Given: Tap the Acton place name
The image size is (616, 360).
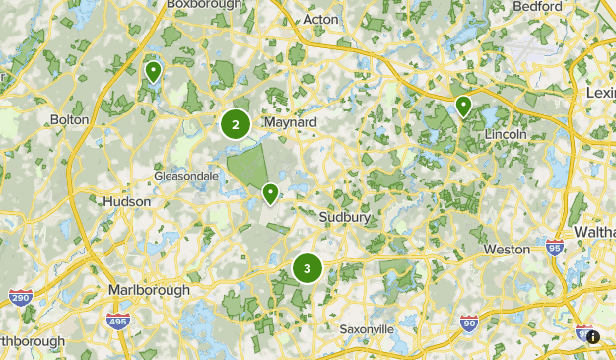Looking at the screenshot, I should (320, 19).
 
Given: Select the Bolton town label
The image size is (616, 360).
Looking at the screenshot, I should (69, 119).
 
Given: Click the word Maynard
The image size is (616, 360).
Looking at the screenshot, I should (290, 122).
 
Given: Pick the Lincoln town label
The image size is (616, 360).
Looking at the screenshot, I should (506, 133).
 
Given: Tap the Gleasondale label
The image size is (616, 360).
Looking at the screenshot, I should (186, 176).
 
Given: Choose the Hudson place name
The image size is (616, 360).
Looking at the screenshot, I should (127, 201).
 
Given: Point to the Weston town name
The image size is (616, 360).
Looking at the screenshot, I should (507, 250).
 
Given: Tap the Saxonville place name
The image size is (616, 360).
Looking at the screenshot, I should (367, 328).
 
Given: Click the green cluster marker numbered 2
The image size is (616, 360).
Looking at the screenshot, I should (235, 125).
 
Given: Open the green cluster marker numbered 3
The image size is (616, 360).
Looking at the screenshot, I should (308, 268).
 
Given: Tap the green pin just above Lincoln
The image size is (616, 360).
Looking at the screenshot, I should (463, 106).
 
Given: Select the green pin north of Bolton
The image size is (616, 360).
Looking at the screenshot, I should (153, 71).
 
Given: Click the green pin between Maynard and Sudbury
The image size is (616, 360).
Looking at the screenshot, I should (270, 192).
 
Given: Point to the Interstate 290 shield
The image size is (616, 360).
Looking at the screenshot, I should (19, 297).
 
